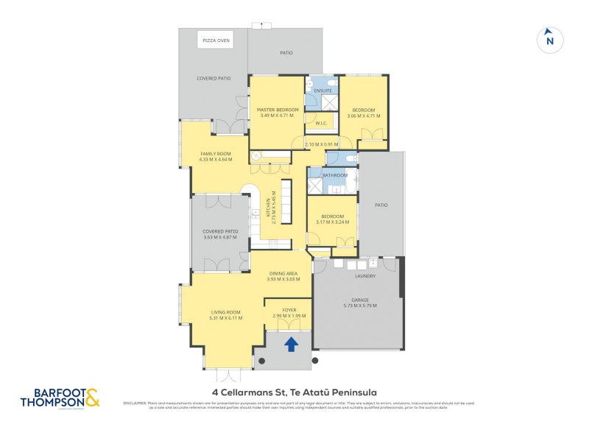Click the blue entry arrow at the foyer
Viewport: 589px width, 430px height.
pos(291,343)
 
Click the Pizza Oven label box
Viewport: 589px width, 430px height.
pos(216,41)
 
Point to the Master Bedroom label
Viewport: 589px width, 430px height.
pos(278,110)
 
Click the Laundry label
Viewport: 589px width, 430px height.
pos(365,276)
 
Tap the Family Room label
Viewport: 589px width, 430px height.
pos(216,153)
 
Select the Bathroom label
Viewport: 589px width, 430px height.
pos(334,175)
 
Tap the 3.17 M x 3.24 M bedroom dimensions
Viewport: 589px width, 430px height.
pos(333,222)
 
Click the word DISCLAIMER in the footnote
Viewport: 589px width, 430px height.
pos(135,403)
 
